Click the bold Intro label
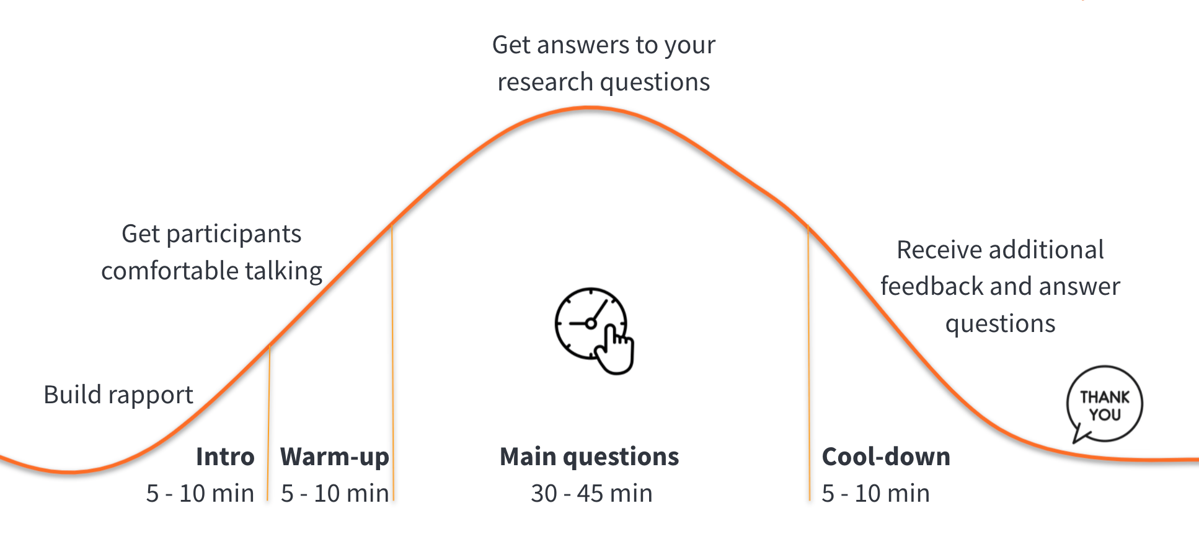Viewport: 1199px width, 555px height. (225, 457)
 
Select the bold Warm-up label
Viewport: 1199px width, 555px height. (335, 457)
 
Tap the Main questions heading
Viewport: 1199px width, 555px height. (589, 457)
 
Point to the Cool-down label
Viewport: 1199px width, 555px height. (886, 457)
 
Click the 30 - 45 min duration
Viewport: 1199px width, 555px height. (591, 494)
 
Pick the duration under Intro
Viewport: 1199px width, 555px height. (200, 494)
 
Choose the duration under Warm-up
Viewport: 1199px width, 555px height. (335, 494)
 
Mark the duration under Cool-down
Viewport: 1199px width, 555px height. (875, 494)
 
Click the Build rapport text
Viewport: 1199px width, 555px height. (118, 395)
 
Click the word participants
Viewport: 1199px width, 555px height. (234, 234)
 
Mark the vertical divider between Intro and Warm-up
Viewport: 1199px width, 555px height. (268, 421)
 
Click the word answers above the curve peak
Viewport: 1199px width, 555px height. (583, 45)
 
